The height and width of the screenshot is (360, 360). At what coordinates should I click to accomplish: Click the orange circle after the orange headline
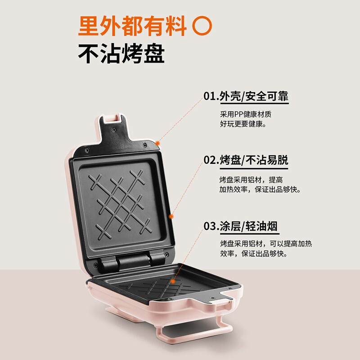(x=202, y=26)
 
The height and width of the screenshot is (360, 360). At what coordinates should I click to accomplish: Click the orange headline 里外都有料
(x=132, y=26)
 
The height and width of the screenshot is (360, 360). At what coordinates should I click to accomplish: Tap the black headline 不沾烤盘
(x=121, y=54)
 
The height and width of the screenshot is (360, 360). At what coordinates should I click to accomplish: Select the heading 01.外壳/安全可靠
(x=246, y=96)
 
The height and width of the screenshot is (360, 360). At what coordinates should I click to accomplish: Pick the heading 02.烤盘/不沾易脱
(x=246, y=160)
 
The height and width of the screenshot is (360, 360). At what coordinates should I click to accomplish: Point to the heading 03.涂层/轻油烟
(x=241, y=226)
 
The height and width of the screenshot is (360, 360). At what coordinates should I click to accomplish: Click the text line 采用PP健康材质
(x=246, y=114)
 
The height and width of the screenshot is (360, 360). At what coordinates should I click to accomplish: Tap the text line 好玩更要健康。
(x=243, y=124)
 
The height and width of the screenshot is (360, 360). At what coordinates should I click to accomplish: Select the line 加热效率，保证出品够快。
(x=260, y=189)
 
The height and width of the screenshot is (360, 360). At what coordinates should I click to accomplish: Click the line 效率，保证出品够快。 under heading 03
(x=254, y=253)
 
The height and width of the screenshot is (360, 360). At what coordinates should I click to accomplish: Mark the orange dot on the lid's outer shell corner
(x=157, y=144)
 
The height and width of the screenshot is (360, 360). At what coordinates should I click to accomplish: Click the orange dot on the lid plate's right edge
(x=171, y=216)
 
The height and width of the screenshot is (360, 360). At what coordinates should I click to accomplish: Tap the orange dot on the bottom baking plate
(x=173, y=281)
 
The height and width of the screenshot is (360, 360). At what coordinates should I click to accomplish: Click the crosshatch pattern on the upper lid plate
(x=120, y=204)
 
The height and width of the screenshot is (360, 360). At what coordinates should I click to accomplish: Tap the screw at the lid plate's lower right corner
(x=166, y=254)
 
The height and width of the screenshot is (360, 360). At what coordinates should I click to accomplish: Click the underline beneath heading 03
(x=250, y=234)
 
